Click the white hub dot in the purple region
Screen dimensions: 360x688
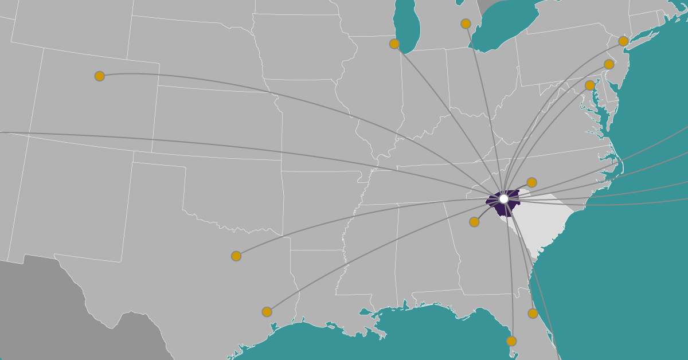503,199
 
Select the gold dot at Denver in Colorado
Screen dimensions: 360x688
100,76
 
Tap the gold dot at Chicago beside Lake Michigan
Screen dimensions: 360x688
394,44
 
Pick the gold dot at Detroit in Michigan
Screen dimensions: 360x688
466,24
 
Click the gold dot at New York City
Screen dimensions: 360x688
623,41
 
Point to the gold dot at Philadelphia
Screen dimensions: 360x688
609,64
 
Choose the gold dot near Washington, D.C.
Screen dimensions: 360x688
590,85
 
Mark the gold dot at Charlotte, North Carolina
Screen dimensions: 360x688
531,182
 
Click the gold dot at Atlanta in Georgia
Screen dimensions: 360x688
474,222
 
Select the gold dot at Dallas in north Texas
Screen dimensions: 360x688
236,256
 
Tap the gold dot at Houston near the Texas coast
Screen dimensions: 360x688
267,312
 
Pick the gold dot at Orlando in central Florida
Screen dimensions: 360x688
533,314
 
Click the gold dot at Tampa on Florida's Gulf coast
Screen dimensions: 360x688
511,341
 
